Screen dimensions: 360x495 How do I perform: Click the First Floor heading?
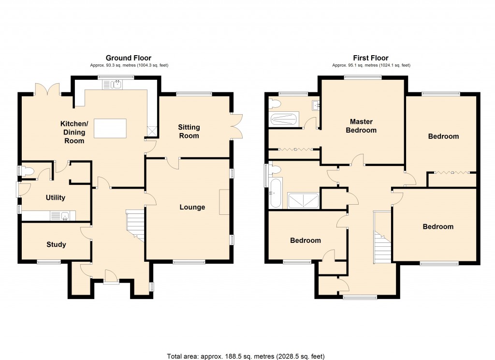tap(371, 58)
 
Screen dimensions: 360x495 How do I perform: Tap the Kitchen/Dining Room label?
tap(73, 132)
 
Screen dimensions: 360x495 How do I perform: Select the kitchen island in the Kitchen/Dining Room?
tap(110, 128)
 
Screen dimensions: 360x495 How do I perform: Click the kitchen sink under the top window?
tap(113, 85)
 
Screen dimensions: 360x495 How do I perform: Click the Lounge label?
tap(192, 207)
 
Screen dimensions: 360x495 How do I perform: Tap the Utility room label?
tap(55, 197)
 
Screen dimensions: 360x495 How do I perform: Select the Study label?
tap(56, 244)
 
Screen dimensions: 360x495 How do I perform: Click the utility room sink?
tap(62, 216)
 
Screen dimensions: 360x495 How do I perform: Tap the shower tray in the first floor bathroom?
tap(303, 200)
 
